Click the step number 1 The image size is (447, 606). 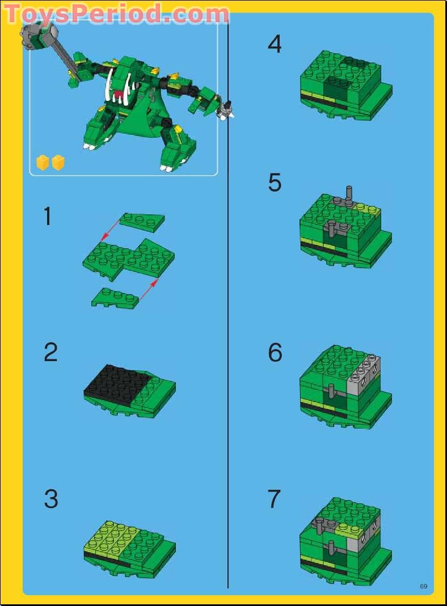pos(48,216)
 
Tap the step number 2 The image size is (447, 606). pos(50,352)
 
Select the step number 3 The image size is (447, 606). pos(51,499)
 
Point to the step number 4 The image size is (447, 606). pos(275,44)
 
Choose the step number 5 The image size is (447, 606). pos(275,183)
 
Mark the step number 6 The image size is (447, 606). pos(275,352)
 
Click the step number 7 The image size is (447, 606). pos(275,499)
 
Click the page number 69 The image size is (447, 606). pos(423,586)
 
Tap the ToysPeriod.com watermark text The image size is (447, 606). pos(116,14)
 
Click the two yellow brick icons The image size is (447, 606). pos(50,163)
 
